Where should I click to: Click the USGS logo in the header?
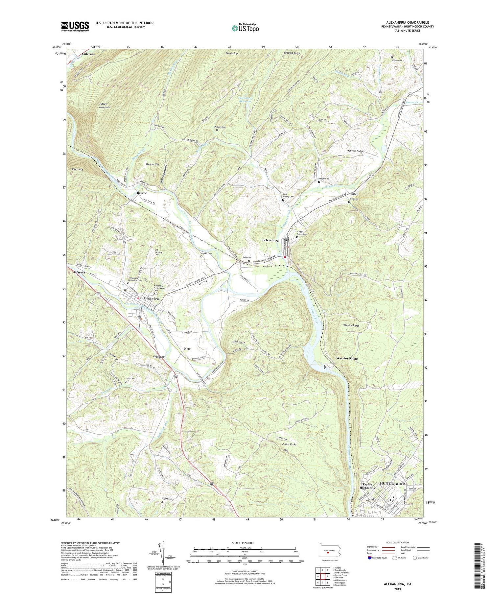(75, 26)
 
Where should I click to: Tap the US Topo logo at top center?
(245, 28)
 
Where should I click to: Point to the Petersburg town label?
(270, 240)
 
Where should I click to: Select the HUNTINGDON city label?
(392, 484)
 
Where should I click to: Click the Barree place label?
(142, 193)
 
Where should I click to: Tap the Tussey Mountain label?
(105, 106)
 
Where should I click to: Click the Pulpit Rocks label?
(289, 444)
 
